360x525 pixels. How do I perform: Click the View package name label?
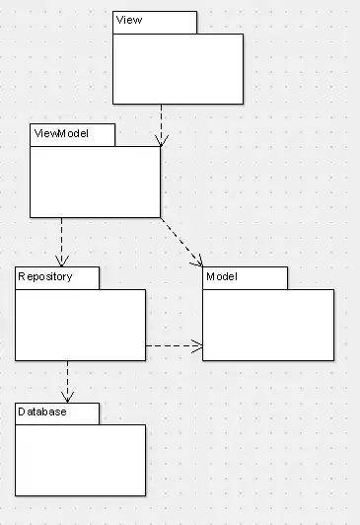[x=129, y=20]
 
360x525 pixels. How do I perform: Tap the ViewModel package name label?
[x=61, y=133]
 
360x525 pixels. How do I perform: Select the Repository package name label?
[x=45, y=277]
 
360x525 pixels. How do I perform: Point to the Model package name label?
[x=222, y=276]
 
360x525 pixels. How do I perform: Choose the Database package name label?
[x=42, y=412]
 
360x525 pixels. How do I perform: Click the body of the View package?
[x=178, y=69]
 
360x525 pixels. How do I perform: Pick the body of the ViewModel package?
[x=95, y=182]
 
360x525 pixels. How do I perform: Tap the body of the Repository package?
[x=80, y=325]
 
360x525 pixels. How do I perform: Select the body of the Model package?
[x=268, y=325]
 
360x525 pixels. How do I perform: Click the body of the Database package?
[x=80, y=461]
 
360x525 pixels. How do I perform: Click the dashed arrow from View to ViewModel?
[x=162, y=125]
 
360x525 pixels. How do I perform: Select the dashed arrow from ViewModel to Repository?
[x=62, y=243]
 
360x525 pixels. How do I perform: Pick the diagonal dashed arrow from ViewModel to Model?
[x=181, y=243]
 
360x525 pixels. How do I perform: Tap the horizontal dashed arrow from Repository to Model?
[x=175, y=345]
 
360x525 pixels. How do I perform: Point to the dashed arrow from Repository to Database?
[x=68, y=382]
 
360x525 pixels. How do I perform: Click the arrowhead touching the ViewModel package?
[x=162, y=141]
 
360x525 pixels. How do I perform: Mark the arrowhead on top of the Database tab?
[x=68, y=397]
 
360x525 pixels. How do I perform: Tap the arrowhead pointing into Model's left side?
[x=197, y=345]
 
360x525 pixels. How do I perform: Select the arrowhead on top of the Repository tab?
[x=62, y=262]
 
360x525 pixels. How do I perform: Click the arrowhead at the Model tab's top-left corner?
[x=198, y=262]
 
